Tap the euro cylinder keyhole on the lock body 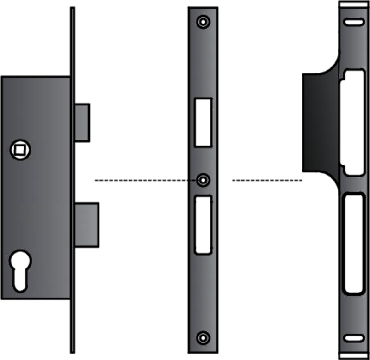[x=20, y=270]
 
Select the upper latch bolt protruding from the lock [x=82, y=122]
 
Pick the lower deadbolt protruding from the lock [x=86, y=224]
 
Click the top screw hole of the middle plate [x=203, y=22]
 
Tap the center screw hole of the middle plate [x=203, y=180]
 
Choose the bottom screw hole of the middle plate [x=203, y=337]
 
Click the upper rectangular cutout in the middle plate [x=203, y=122]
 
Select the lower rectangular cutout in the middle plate [x=203, y=225]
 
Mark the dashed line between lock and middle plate [x=143, y=180]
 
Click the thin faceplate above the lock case [x=72, y=42]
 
